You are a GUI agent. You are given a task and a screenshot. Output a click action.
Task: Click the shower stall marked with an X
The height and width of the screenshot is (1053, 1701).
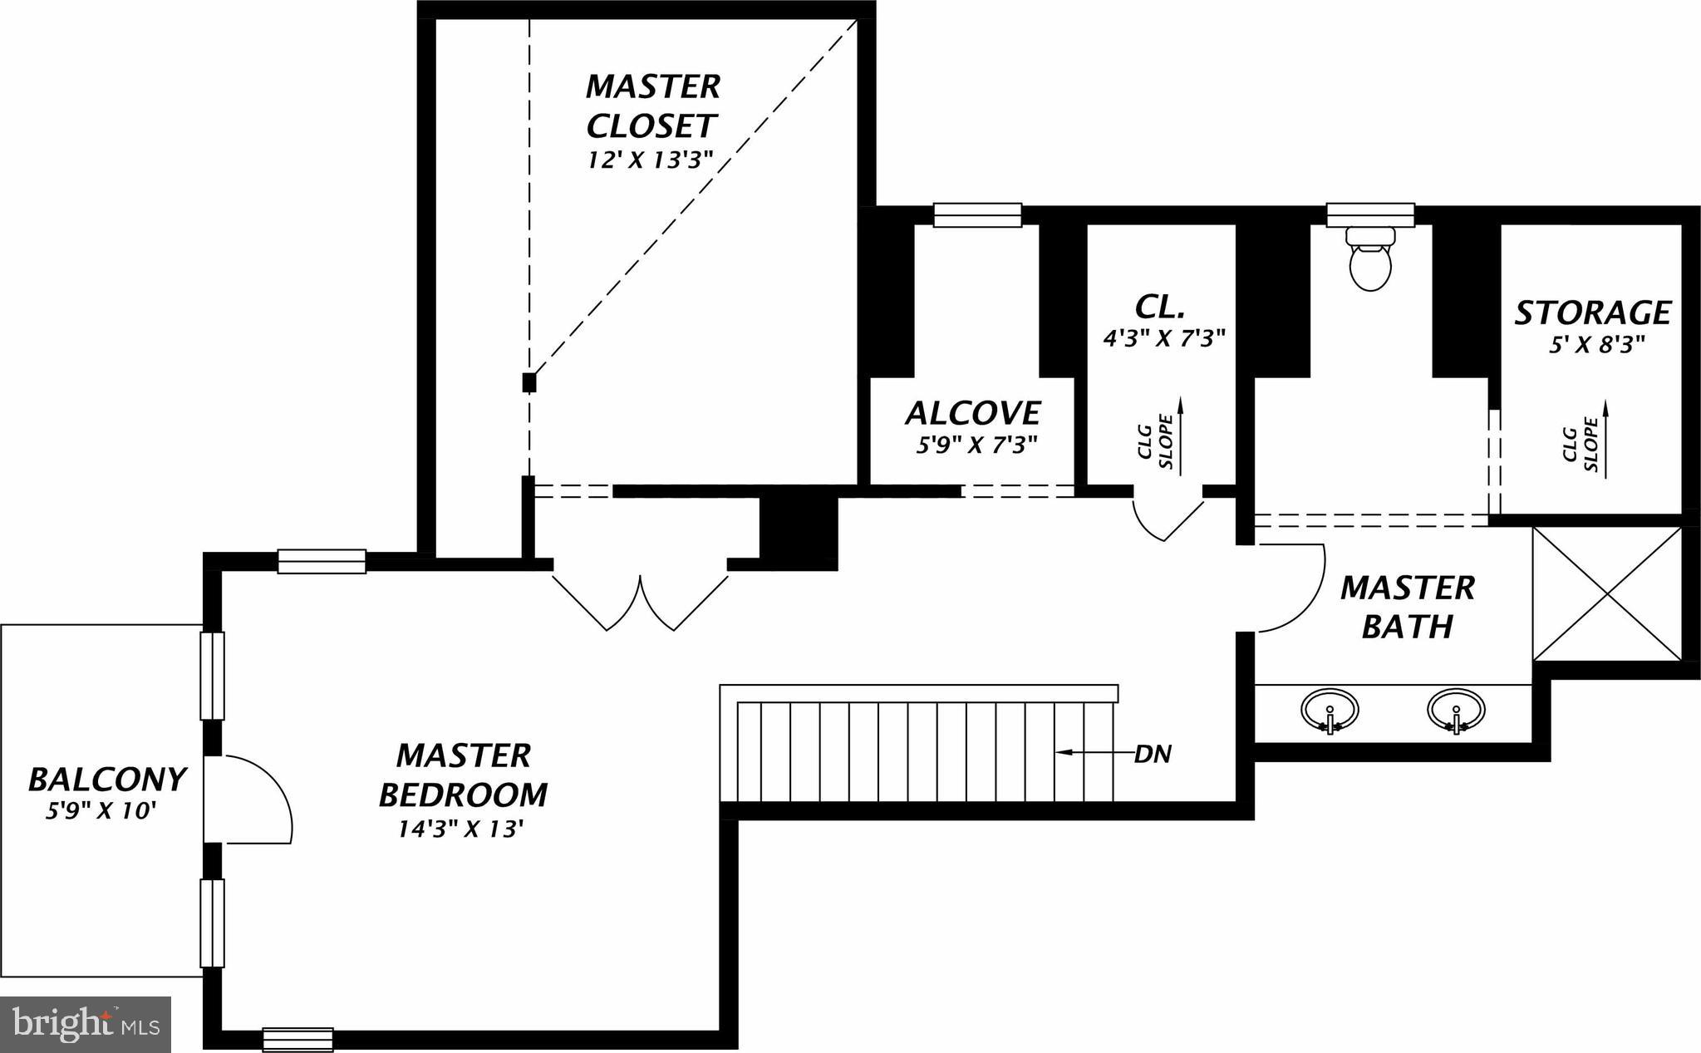point(1607,593)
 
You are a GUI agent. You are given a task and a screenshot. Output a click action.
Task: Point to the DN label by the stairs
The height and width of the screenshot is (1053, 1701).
point(1153,755)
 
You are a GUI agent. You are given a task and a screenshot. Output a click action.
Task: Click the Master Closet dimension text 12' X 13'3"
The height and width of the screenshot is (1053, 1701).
point(651,160)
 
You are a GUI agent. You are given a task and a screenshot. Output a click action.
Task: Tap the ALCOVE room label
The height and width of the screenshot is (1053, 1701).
point(972,414)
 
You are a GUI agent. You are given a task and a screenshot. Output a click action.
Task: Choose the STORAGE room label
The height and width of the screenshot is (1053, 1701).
point(1592,313)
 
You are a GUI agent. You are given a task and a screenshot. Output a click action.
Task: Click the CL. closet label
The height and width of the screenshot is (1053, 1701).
point(1159,308)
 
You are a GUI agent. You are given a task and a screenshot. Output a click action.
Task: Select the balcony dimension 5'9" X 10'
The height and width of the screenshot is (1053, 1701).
point(101,810)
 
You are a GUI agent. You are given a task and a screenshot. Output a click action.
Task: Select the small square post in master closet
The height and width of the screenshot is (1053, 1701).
point(529,382)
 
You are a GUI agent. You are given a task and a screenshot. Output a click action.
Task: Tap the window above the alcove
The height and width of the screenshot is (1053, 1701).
point(977,214)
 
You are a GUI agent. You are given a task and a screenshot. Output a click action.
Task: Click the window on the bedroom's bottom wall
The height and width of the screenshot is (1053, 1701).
point(297,1040)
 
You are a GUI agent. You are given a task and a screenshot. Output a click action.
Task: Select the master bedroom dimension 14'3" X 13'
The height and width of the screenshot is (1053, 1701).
point(462,829)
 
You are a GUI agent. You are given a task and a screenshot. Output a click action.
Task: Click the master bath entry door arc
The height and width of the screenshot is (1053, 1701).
point(1296,590)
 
